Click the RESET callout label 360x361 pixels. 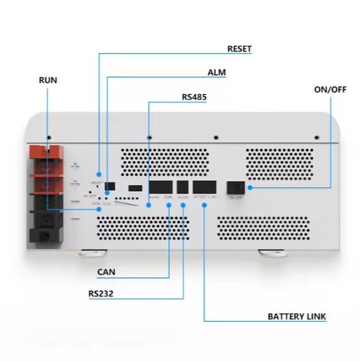pyautogui.click(x=239, y=49)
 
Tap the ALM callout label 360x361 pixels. pyautogui.click(x=216, y=73)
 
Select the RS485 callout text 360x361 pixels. pyautogui.click(x=195, y=97)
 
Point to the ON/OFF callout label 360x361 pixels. pyautogui.click(x=330, y=89)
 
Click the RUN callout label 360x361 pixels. pyautogui.click(x=47, y=81)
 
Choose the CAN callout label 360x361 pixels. pyautogui.click(x=106, y=271)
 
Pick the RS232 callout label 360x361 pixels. pyautogui.click(x=100, y=294)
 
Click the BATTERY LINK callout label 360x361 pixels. pyautogui.click(x=297, y=317)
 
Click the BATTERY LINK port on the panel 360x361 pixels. pyautogui.click(x=204, y=187)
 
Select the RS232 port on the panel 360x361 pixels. pyautogui.click(x=183, y=187)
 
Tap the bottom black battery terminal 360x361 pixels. pyautogui.click(x=46, y=228)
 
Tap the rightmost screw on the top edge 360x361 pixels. pyautogui.click(x=316, y=137)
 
